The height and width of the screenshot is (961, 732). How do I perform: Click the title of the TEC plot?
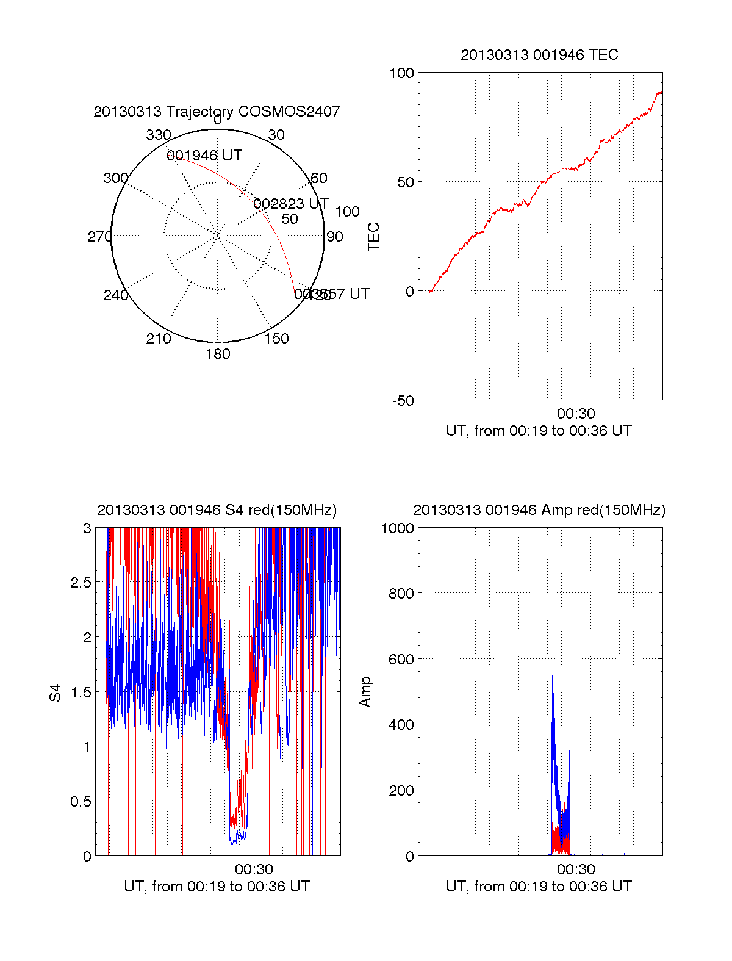[539, 55]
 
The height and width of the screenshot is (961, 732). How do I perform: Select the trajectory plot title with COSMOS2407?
[217, 112]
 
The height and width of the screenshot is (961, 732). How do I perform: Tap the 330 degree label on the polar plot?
[159, 135]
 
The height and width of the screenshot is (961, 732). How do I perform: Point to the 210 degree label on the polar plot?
[159, 339]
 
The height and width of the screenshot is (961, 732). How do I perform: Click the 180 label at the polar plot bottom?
[218, 354]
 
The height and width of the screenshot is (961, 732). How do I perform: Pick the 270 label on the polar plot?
[99, 237]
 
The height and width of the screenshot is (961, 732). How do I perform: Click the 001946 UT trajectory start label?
[204, 156]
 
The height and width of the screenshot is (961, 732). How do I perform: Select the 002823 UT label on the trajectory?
[291, 203]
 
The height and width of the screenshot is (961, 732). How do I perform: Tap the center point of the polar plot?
[218, 236]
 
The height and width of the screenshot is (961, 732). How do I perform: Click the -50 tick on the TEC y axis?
[403, 401]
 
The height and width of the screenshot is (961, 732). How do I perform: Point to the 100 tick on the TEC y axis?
[401, 73]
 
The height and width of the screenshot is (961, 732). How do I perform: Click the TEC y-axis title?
[373, 237]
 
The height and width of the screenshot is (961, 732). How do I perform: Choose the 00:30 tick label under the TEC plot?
[576, 414]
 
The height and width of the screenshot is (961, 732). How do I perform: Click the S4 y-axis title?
[56, 693]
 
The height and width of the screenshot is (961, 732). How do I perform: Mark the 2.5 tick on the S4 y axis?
[81, 583]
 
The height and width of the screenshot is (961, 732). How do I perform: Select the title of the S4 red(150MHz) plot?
[217, 510]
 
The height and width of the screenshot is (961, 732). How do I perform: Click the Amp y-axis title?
[365, 692]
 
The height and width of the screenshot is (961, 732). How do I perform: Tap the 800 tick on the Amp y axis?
[401, 593]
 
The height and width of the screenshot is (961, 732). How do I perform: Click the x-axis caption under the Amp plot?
[539, 887]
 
